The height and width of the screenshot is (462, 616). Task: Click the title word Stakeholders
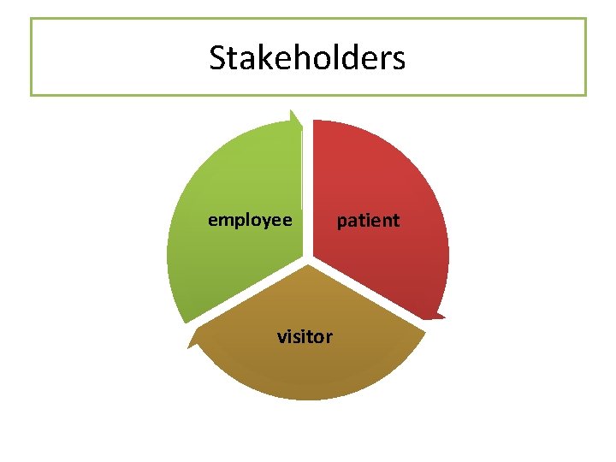pyautogui.click(x=307, y=58)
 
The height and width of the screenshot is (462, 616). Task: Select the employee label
pyautogui.click(x=250, y=221)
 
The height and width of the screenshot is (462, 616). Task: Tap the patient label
pyautogui.click(x=368, y=221)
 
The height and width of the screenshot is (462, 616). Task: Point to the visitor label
pyautogui.click(x=305, y=336)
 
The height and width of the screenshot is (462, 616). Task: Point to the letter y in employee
pyautogui.click(x=268, y=222)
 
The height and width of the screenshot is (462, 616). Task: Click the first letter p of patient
pyautogui.click(x=342, y=222)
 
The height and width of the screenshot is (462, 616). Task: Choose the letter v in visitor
pyautogui.click(x=281, y=337)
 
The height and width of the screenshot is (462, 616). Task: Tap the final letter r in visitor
pyautogui.click(x=329, y=337)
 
